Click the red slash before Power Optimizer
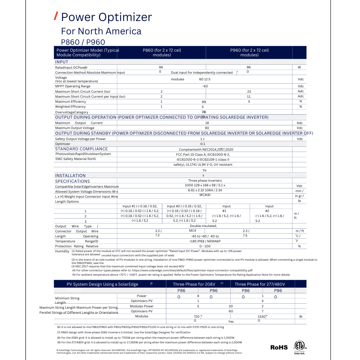point(56,16)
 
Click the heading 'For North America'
point(101,31)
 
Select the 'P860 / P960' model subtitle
point(83,42)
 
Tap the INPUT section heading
point(62,62)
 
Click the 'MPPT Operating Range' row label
point(73,86)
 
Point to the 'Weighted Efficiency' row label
point(70,107)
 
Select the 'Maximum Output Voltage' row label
point(75,128)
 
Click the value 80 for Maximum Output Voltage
point(207,128)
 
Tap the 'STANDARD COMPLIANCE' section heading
point(81,149)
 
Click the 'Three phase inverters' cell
point(205,181)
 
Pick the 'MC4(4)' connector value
point(205,195)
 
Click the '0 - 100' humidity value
point(205,246)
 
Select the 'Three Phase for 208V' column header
point(194,284)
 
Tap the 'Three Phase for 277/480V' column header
point(260,284)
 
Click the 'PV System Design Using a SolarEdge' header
point(102,284)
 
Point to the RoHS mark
point(279,347)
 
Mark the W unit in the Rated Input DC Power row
point(299,67)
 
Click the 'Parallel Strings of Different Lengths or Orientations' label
point(79,313)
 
